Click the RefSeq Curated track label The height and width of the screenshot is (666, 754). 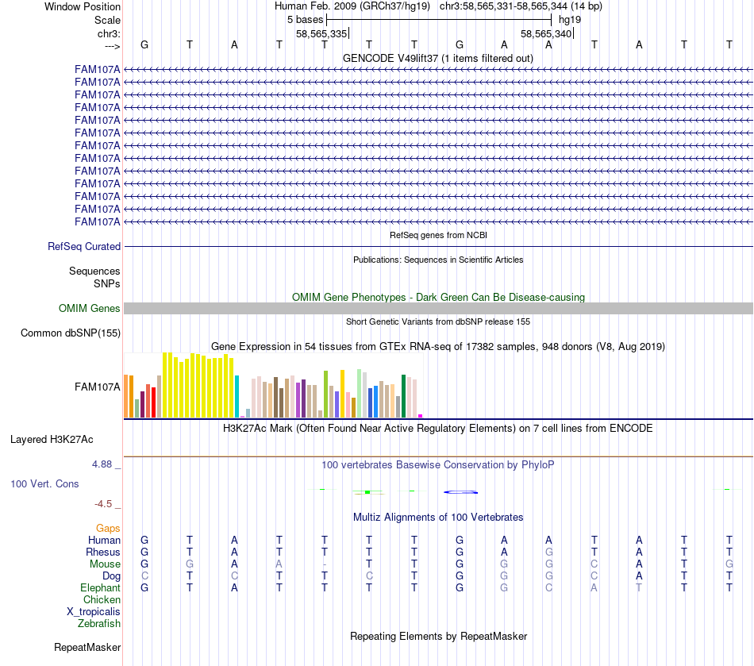tap(84, 247)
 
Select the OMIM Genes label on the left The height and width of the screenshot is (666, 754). tap(90, 309)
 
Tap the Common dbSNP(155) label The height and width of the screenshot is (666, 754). tap(71, 333)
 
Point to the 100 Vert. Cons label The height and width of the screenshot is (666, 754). tap(44, 483)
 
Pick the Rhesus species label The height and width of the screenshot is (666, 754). tap(103, 552)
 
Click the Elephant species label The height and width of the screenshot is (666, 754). tap(100, 588)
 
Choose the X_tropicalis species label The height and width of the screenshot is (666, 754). tap(94, 612)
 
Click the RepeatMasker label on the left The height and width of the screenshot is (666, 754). tap(87, 648)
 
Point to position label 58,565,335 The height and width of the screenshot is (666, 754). tap(321, 34)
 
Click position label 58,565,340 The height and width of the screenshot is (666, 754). tap(546, 34)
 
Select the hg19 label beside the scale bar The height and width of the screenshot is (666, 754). tap(570, 19)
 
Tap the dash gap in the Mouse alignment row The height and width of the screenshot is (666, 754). tap(325, 564)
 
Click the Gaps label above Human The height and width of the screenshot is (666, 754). tap(108, 529)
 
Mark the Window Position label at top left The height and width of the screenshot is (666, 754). tap(83, 7)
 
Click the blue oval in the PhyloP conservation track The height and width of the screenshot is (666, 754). tap(460, 492)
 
